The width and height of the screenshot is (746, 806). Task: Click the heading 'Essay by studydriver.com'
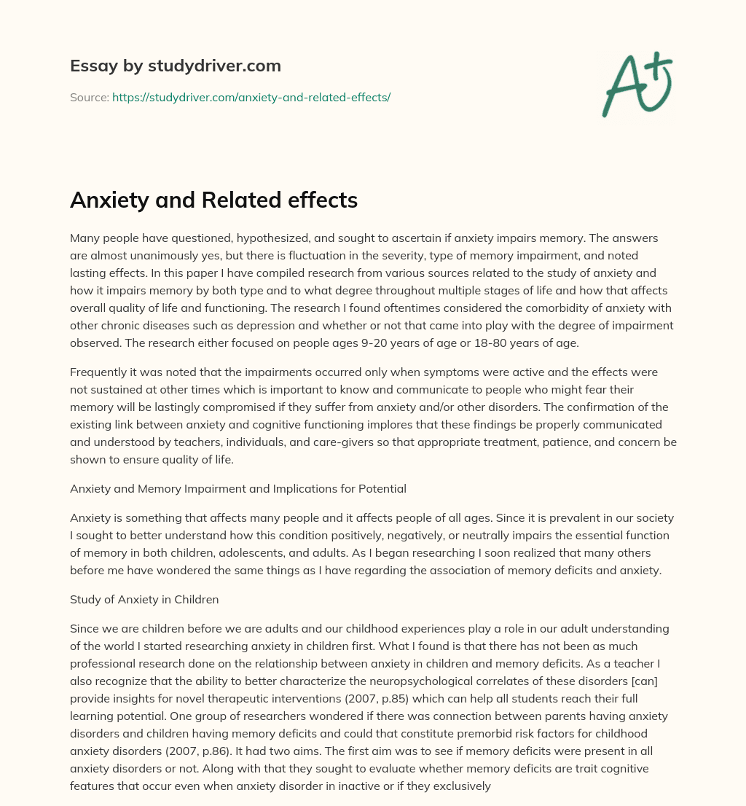click(175, 66)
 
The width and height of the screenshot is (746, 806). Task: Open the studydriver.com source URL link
click(251, 97)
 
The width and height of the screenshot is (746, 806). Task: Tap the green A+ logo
click(635, 84)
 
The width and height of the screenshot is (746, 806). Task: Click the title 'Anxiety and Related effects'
click(213, 200)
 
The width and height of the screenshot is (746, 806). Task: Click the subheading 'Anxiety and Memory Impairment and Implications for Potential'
click(238, 489)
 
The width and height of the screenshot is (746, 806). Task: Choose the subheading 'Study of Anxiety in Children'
click(144, 600)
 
